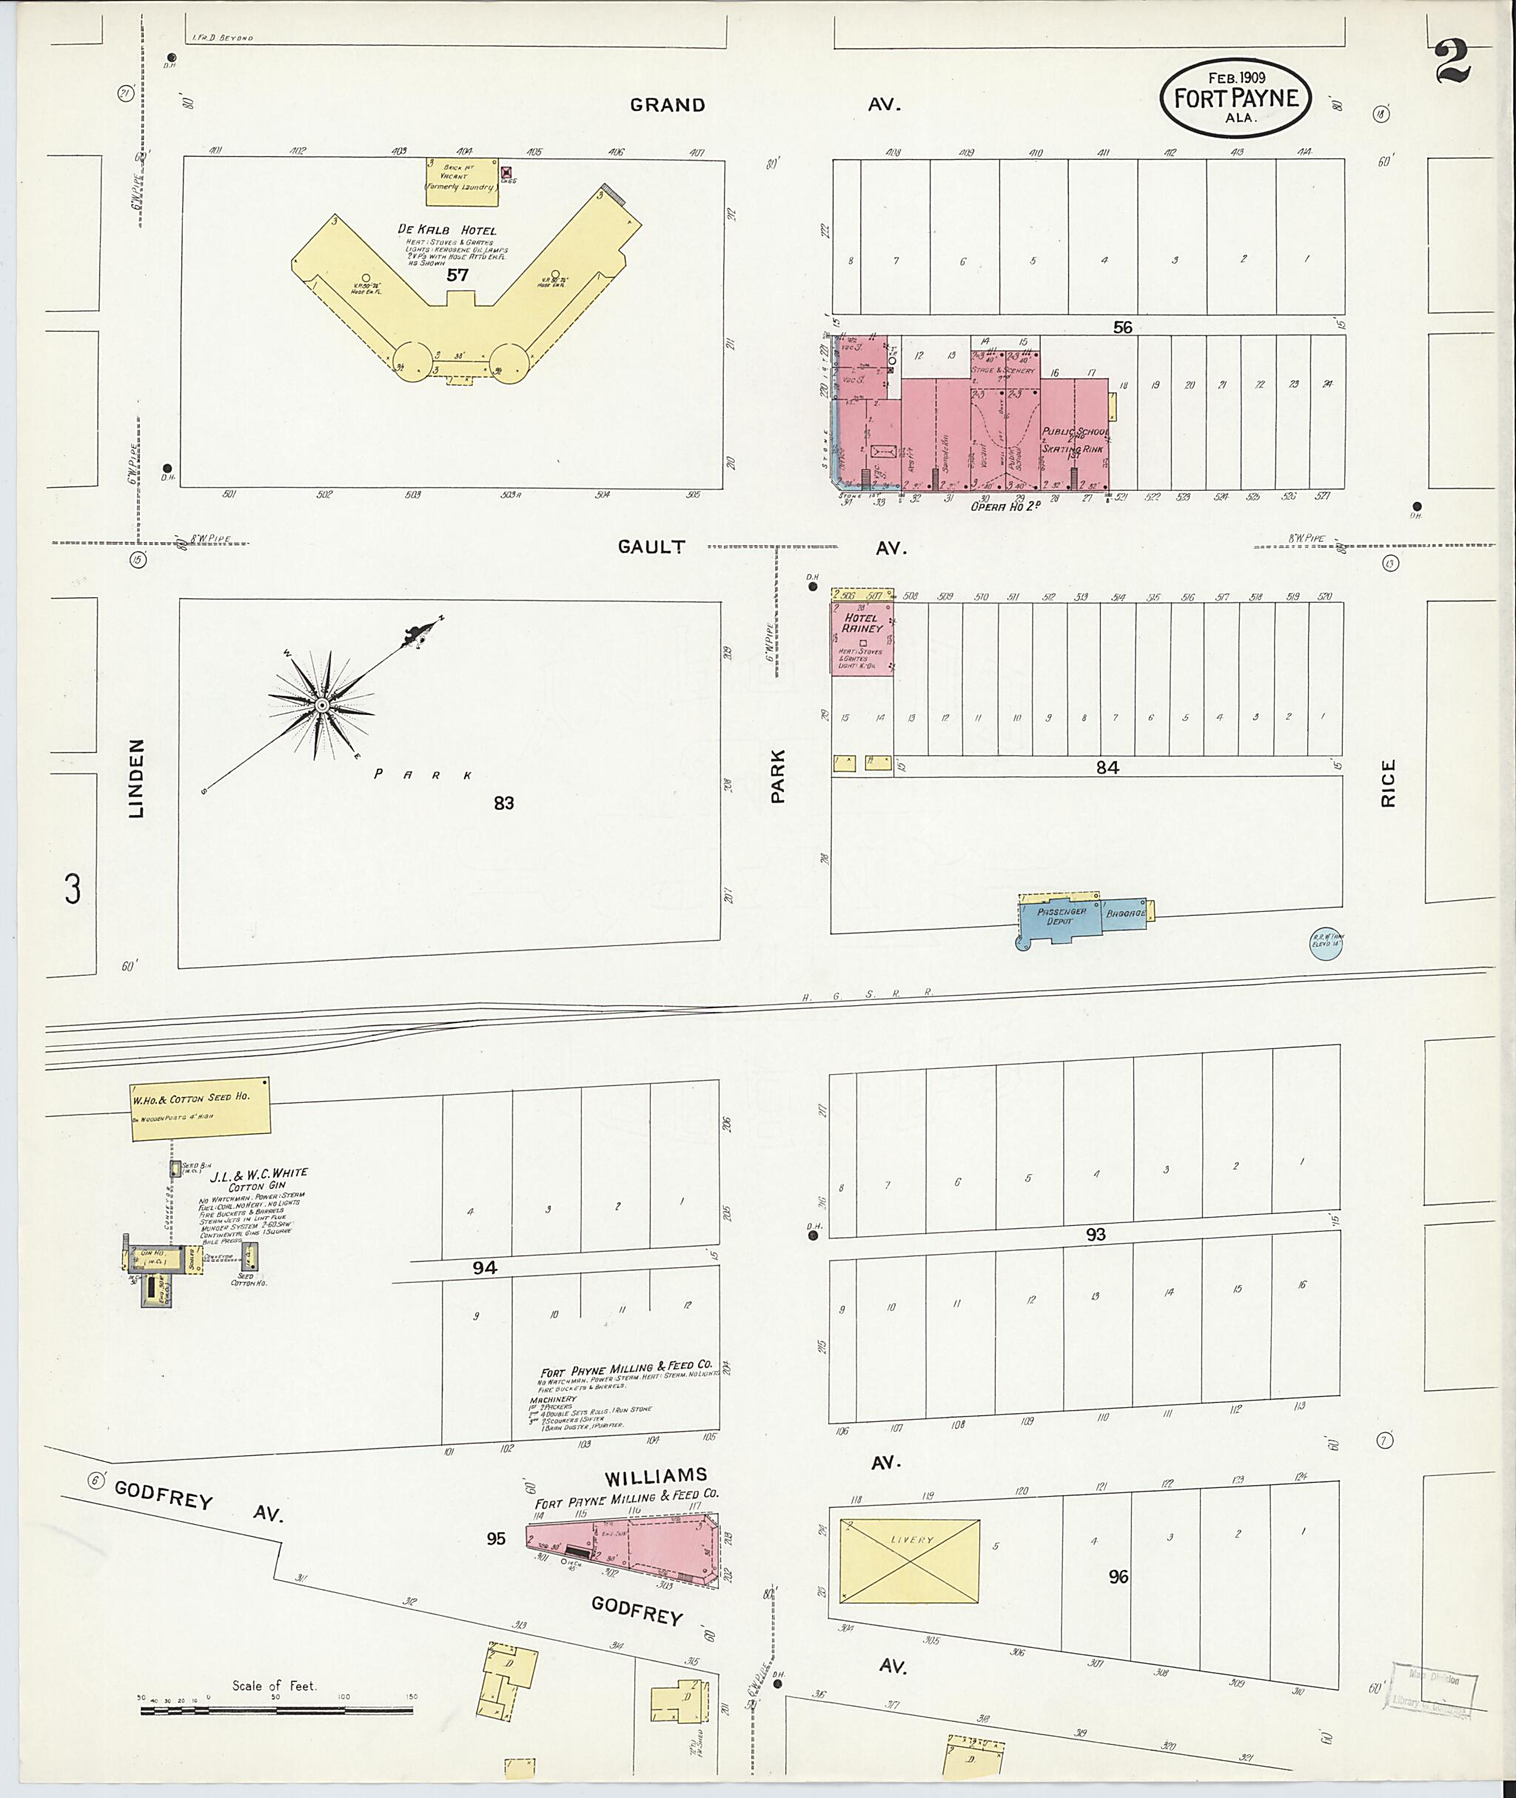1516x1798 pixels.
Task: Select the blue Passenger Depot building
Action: coord(1061,919)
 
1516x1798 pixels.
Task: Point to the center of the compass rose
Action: coord(321,705)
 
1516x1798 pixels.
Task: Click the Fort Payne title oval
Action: coord(1236,97)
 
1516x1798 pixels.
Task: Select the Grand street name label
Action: coord(667,105)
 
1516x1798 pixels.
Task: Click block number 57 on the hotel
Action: coord(457,275)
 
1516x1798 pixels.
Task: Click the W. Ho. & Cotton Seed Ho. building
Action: coord(201,1110)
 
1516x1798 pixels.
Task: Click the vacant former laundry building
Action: coord(463,181)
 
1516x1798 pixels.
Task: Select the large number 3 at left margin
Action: coord(73,889)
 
